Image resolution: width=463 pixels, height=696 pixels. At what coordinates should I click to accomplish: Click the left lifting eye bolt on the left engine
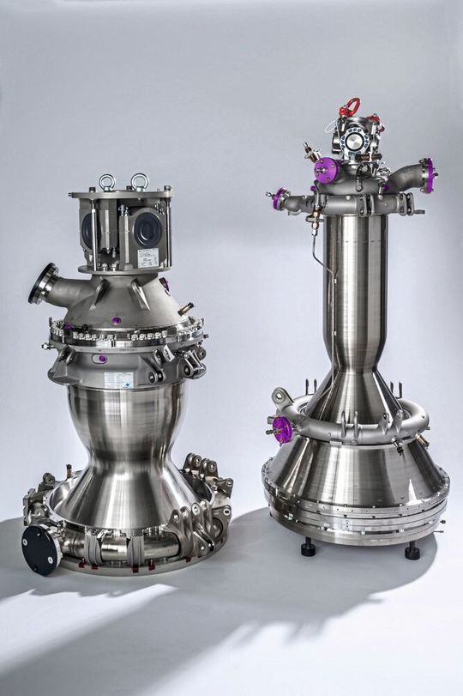pos(106,181)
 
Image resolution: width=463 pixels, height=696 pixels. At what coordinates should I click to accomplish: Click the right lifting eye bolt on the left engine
pos(138,181)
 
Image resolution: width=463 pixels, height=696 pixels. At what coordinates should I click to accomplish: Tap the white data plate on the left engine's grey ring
pos(118,379)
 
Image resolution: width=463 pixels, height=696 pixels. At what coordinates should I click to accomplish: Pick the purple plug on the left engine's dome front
pos(116,321)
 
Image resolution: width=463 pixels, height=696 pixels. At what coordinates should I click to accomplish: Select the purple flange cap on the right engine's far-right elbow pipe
pos(427,175)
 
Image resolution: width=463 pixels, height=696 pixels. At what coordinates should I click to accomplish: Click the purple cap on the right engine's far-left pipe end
pos(277,199)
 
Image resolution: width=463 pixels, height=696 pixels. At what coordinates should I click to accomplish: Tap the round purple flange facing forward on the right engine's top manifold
pos(325,169)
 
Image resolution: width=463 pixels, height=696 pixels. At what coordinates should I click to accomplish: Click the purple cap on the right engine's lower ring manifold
pos(282,428)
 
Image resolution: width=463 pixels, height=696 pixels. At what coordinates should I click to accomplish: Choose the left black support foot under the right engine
pos(308,547)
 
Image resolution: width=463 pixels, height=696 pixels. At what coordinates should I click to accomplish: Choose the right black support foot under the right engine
pos(412,550)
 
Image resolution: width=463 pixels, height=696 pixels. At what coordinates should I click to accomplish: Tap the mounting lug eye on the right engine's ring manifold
pos(280,396)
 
